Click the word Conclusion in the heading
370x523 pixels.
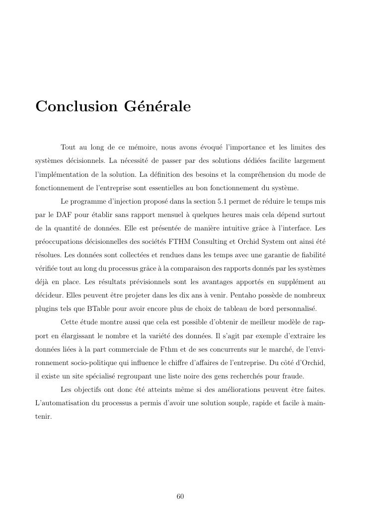click(74, 107)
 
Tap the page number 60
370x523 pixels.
click(180, 496)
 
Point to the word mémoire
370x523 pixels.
click(143, 147)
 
